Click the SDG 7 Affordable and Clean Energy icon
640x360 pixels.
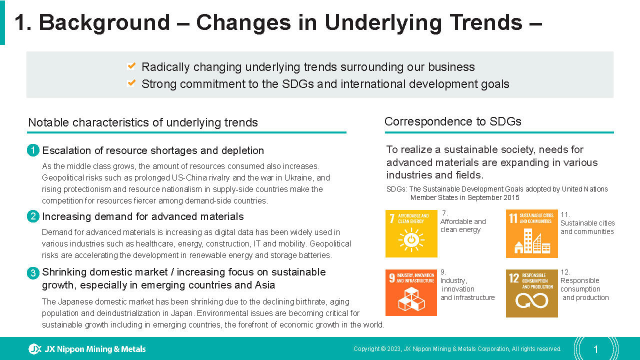tap(411, 233)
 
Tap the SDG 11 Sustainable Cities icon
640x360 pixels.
tap(531, 233)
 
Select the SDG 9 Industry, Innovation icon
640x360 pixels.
tap(411, 292)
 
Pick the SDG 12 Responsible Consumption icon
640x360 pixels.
tap(531, 293)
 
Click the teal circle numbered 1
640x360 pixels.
tap(33, 150)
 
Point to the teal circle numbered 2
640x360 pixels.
tap(33, 216)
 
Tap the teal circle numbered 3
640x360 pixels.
tap(33, 273)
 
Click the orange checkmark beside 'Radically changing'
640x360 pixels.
tap(131, 66)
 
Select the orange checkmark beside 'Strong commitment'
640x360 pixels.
tap(131, 83)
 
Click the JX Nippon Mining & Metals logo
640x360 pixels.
tap(87, 349)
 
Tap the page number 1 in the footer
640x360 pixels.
tap(595, 349)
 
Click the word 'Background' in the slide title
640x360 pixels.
tap(104, 23)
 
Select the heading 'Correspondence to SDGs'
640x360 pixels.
tap(453, 121)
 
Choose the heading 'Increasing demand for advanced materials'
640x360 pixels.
tap(143, 216)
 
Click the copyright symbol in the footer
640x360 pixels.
tap(383, 349)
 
